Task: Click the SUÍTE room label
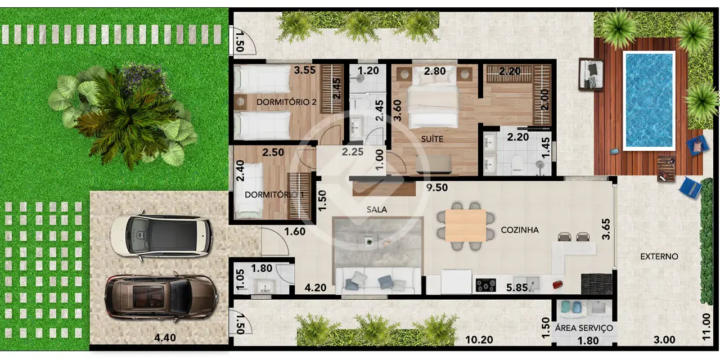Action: click(x=432, y=139)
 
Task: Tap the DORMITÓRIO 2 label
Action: click(x=286, y=102)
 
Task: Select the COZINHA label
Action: click(x=520, y=230)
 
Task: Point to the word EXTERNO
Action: click(x=659, y=256)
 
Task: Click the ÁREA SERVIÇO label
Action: click(x=584, y=328)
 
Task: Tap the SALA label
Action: click(x=377, y=210)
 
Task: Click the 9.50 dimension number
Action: click(x=437, y=187)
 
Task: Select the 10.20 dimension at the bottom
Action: click(x=479, y=340)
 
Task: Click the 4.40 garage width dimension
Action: click(x=165, y=338)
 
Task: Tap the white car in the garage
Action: click(x=161, y=236)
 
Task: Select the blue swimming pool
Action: click(x=649, y=100)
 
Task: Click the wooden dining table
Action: click(x=466, y=226)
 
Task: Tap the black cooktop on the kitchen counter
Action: click(x=485, y=285)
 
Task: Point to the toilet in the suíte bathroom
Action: click(x=517, y=163)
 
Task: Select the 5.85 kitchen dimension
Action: click(x=517, y=287)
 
